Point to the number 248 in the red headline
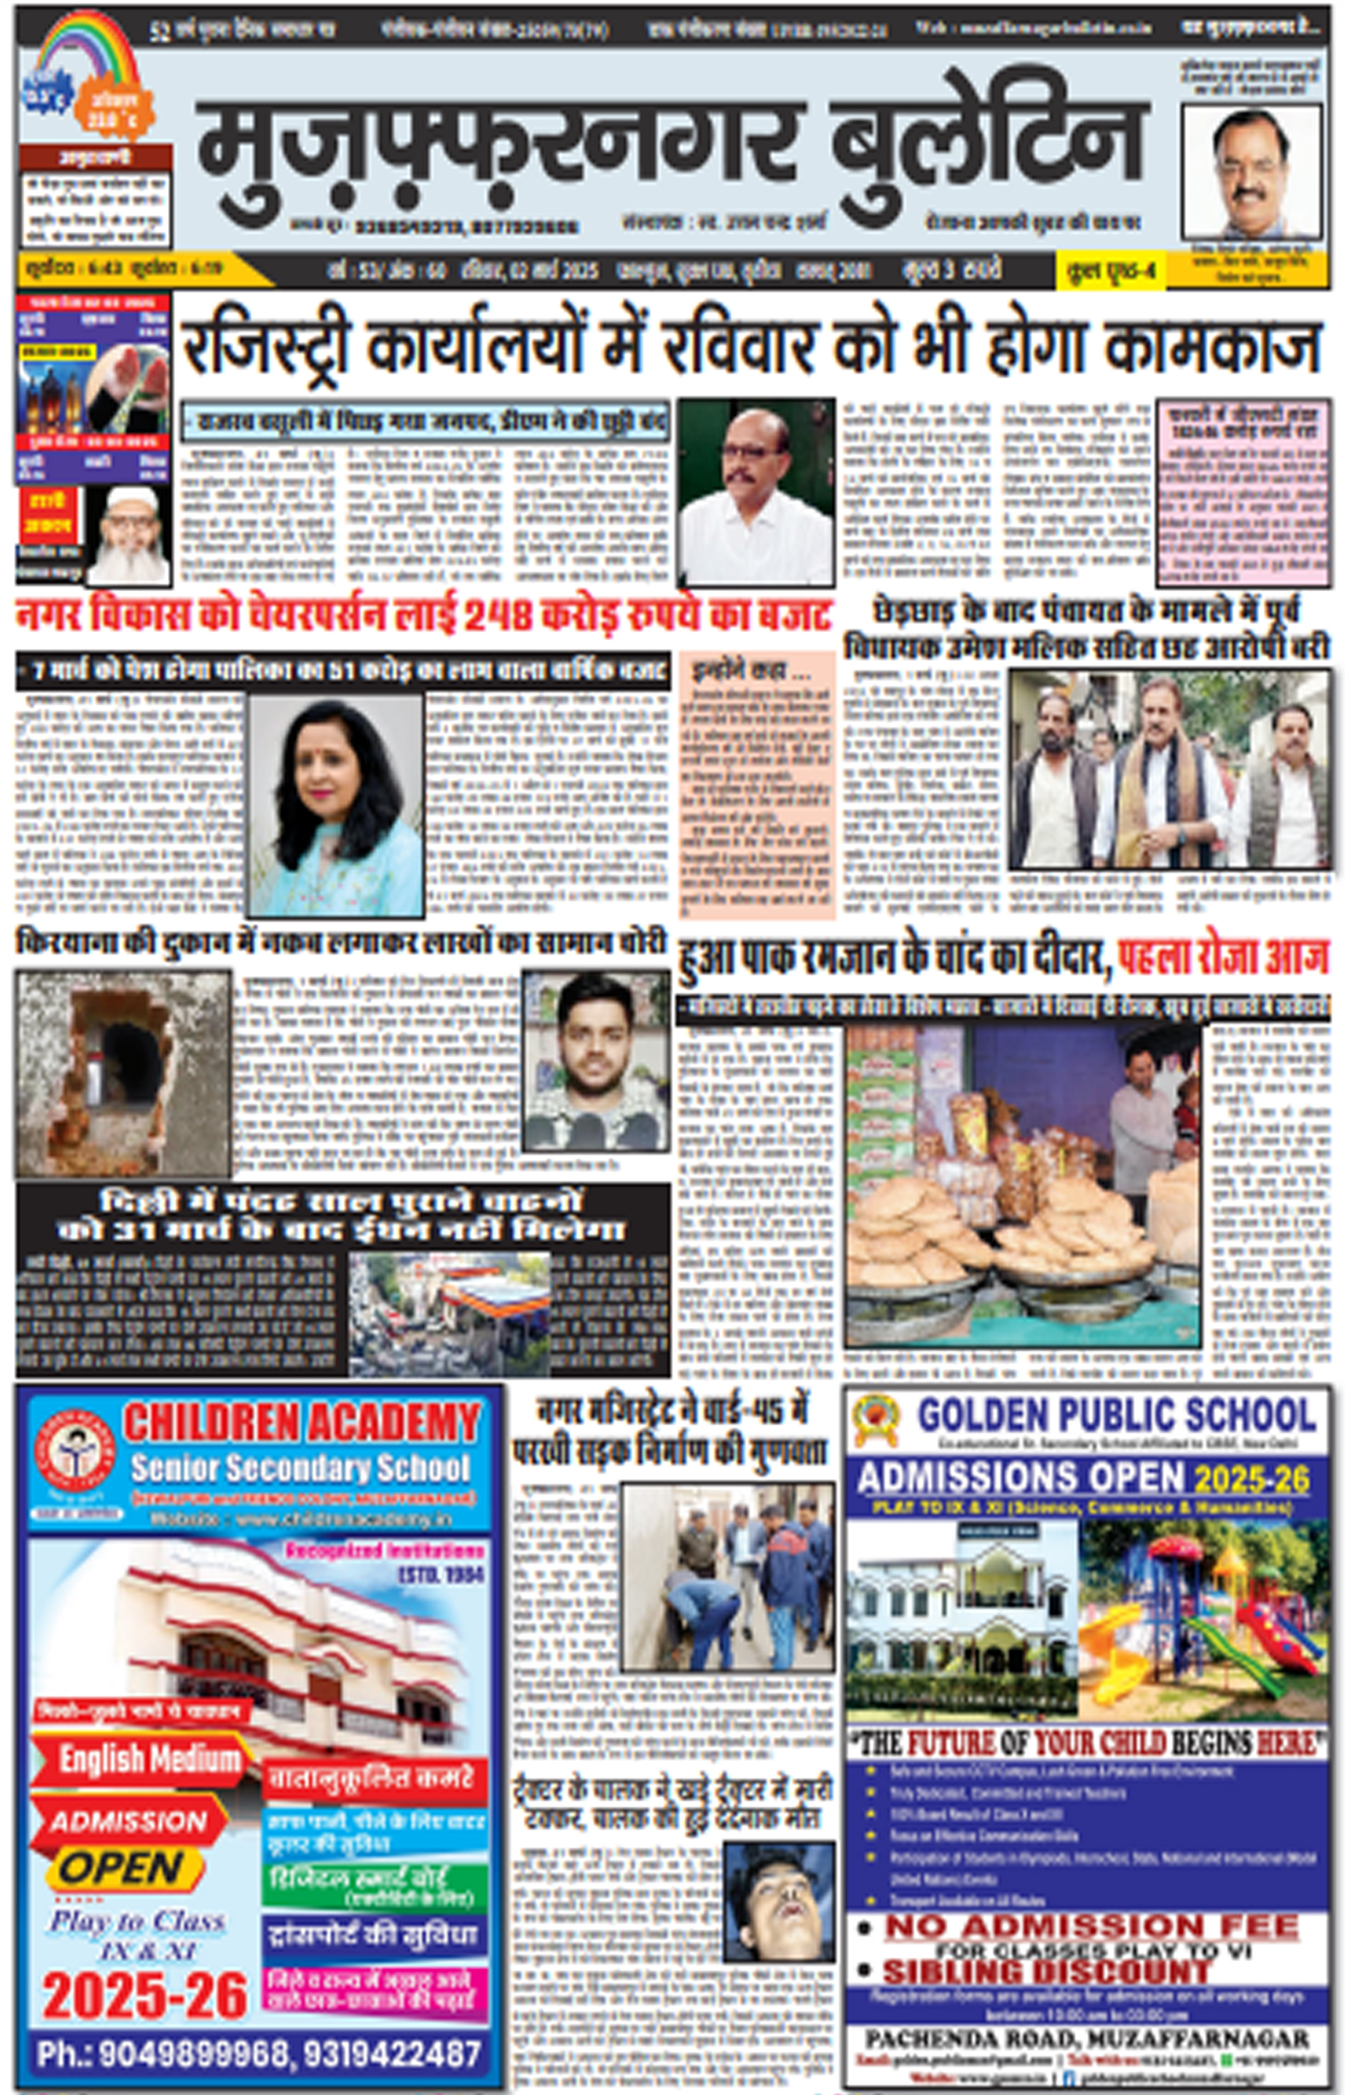point(497,617)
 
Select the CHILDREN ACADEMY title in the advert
point(301,1422)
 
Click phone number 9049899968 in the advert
point(163,2053)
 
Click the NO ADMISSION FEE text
point(1092,1926)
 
